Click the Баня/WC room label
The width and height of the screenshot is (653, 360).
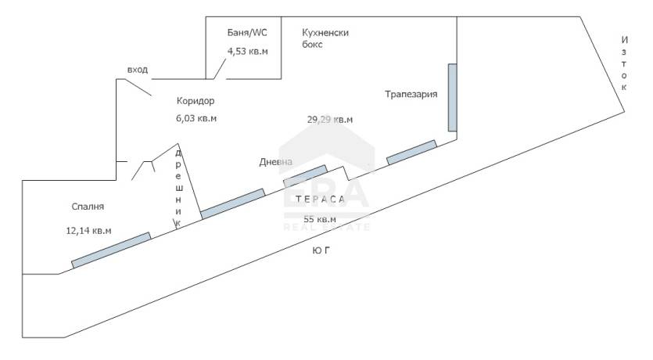tap(247, 33)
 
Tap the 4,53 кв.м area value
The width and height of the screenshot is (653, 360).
tap(247, 51)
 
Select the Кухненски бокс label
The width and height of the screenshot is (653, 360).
tap(325, 38)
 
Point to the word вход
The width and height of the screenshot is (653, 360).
tap(138, 70)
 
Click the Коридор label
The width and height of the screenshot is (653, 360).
tap(196, 101)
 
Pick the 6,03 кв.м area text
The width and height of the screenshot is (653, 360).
tap(196, 118)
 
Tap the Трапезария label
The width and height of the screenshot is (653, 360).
tap(411, 94)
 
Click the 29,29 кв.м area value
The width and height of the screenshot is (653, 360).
tap(330, 120)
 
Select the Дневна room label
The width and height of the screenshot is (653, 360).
tap(276, 162)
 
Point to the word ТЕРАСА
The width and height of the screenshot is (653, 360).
tap(321, 199)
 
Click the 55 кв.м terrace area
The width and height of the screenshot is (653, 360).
tap(320, 219)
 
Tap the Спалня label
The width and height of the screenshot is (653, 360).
tap(88, 207)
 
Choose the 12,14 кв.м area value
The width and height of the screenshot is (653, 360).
tap(88, 230)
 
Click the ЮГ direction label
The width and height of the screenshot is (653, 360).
tap(321, 250)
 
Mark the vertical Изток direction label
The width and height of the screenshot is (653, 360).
tap(624, 63)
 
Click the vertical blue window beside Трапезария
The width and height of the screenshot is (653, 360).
tap(452, 98)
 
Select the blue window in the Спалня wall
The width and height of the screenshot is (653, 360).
tap(111, 250)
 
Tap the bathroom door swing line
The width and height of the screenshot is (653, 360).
tap(220, 69)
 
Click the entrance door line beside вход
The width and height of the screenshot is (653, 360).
tap(138, 87)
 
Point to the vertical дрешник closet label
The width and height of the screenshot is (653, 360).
tap(178, 188)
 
